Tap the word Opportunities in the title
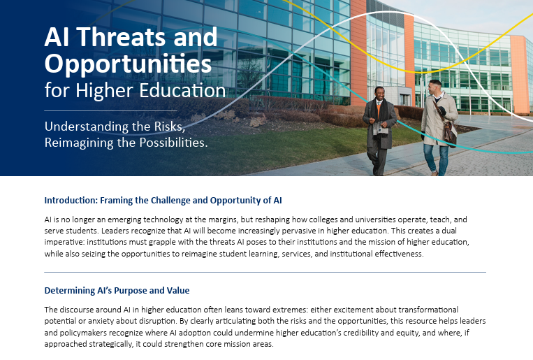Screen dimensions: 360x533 128,64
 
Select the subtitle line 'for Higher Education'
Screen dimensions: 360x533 135,91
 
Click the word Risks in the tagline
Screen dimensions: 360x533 192,127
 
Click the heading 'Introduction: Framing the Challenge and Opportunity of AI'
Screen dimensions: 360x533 163,200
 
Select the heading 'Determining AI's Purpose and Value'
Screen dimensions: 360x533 117,290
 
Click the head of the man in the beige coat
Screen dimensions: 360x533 435,87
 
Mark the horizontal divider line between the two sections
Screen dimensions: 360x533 265,272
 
